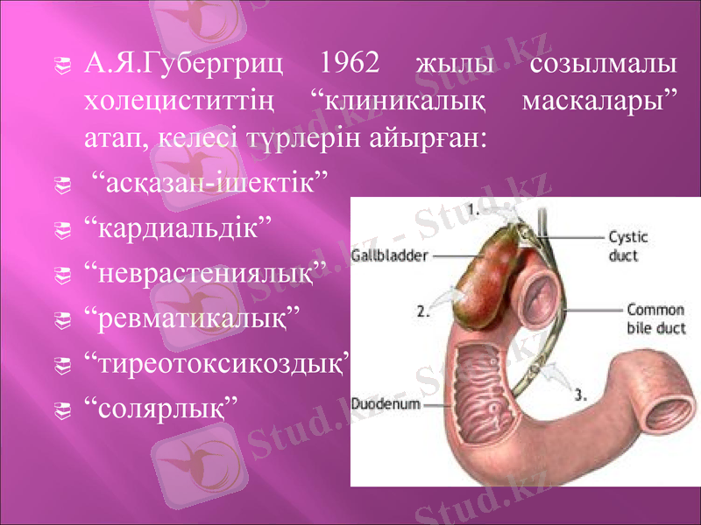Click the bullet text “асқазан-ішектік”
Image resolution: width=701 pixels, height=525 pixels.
click(x=210, y=185)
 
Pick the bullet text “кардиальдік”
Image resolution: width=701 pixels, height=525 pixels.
click(x=177, y=230)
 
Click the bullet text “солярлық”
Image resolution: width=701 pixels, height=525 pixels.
click(x=160, y=405)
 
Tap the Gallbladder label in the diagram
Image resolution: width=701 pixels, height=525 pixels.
click(x=390, y=255)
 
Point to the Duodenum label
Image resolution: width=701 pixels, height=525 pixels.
click(x=386, y=405)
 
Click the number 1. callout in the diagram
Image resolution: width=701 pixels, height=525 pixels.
click(x=471, y=210)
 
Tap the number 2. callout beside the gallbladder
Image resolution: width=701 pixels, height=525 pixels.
click(x=422, y=310)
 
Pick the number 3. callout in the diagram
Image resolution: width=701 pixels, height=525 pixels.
click(x=579, y=394)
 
